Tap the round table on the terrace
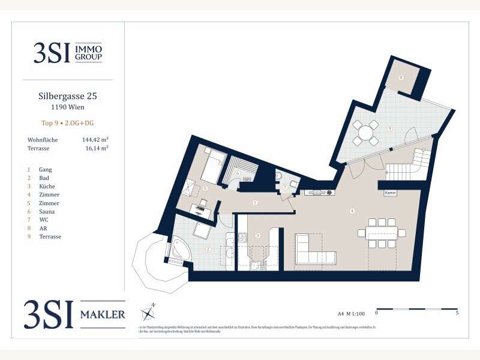click(x=365, y=133)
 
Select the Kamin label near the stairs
click(x=391, y=193)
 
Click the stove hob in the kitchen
click(x=242, y=238)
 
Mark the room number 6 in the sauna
click(x=238, y=173)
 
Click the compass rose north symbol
click(x=147, y=312)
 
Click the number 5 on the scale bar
click(x=457, y=313)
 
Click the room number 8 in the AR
click(x=401, y=78)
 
